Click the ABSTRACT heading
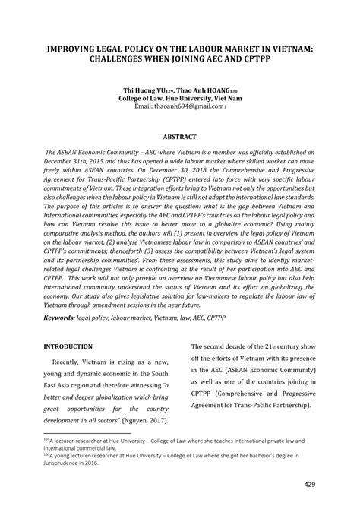pos(180,137)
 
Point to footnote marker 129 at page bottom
pos(46,438)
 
